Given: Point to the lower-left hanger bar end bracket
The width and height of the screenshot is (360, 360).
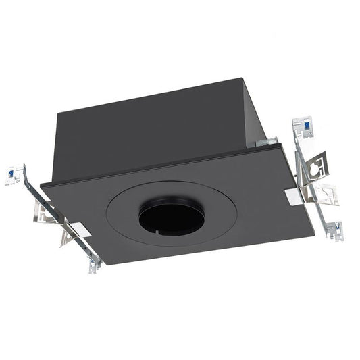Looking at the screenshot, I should coord(94,265).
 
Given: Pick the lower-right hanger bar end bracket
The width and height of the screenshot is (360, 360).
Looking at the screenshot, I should coord(335,230).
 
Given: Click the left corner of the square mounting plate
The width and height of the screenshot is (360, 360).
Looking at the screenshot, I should coord(43,184).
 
